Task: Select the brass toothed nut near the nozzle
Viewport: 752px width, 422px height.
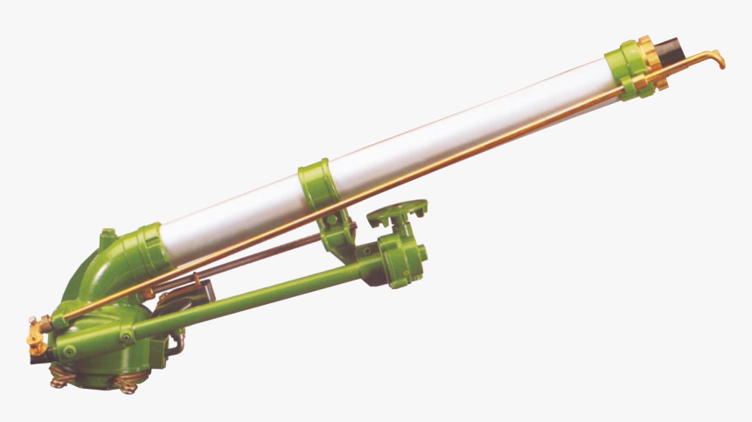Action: pos(652,63)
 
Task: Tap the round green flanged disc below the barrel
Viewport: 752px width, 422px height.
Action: pos(397,211)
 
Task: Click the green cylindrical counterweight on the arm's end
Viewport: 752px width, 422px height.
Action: pos(403,262)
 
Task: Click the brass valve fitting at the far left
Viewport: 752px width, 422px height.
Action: pos(33,332)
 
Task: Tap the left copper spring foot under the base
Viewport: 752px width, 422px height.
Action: pos(60,377)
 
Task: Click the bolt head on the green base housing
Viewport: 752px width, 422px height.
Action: pos(69,351)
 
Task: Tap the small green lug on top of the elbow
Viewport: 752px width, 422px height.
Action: pos(107,235)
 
